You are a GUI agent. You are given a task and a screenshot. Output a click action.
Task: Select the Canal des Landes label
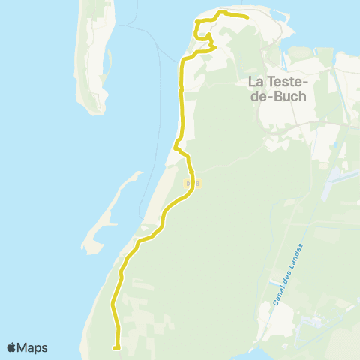(x=286, y=275)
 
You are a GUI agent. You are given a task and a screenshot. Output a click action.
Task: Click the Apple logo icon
(x=12, y=347)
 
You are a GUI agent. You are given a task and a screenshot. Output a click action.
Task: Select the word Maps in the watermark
(x=34, y=347)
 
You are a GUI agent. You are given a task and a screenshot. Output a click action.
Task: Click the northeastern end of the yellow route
(x=248, y=16)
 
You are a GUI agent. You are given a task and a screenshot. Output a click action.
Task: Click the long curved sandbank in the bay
(x=112, y=210)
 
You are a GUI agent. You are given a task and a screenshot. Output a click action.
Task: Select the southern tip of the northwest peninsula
(x=94, y=111)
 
